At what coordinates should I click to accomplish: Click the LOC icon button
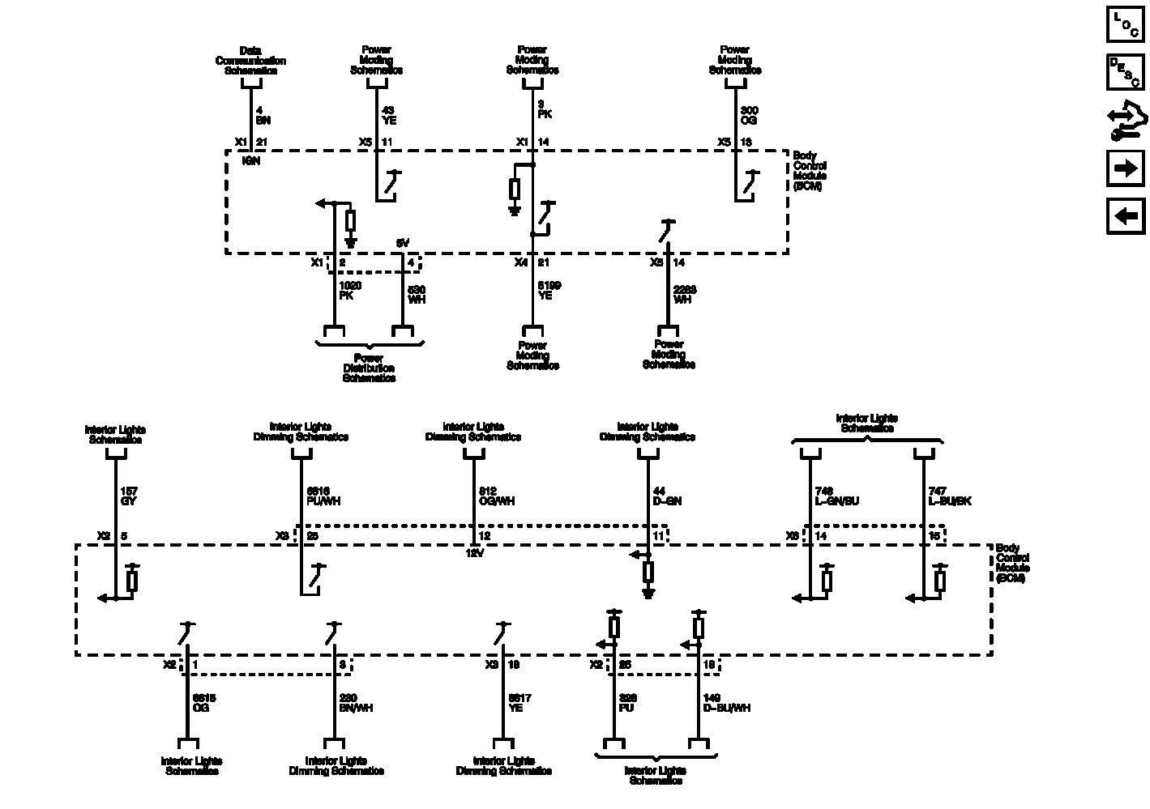click(x=1125, y=23)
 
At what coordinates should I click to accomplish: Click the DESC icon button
click(x=1125, y=72)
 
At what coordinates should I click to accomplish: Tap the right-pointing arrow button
click(x=1125, y=168)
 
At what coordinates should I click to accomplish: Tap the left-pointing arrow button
click(x=1125, y=216)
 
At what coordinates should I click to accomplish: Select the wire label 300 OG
click(x=750, y=115)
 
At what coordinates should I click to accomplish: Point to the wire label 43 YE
click(x=389, y=115)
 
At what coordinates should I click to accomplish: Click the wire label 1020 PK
click(x=350, y=291)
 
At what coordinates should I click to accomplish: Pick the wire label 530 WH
click(x=416, y=295)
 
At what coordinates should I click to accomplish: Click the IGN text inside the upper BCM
click(x=251, y=160)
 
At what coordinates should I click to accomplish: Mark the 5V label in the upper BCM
click(x=403, y=243)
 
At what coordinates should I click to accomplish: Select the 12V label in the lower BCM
click(x=474, y=553)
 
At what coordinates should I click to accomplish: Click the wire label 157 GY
click(x=129, y=496)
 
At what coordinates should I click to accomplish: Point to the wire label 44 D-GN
click(x=667, y=496)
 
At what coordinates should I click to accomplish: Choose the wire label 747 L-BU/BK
click(x=949, y=496)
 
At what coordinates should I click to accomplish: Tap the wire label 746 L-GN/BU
click(x=836, y=496)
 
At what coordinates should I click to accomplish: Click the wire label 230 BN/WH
click(x=357, y=703)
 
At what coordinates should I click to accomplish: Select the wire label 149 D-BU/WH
click(x=727, y=703)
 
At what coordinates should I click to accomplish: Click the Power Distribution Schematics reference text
click(x=369, y=368)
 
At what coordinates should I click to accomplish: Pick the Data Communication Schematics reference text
click(x=250, y=61)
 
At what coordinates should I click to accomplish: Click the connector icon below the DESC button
click(x=1125, y=121)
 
